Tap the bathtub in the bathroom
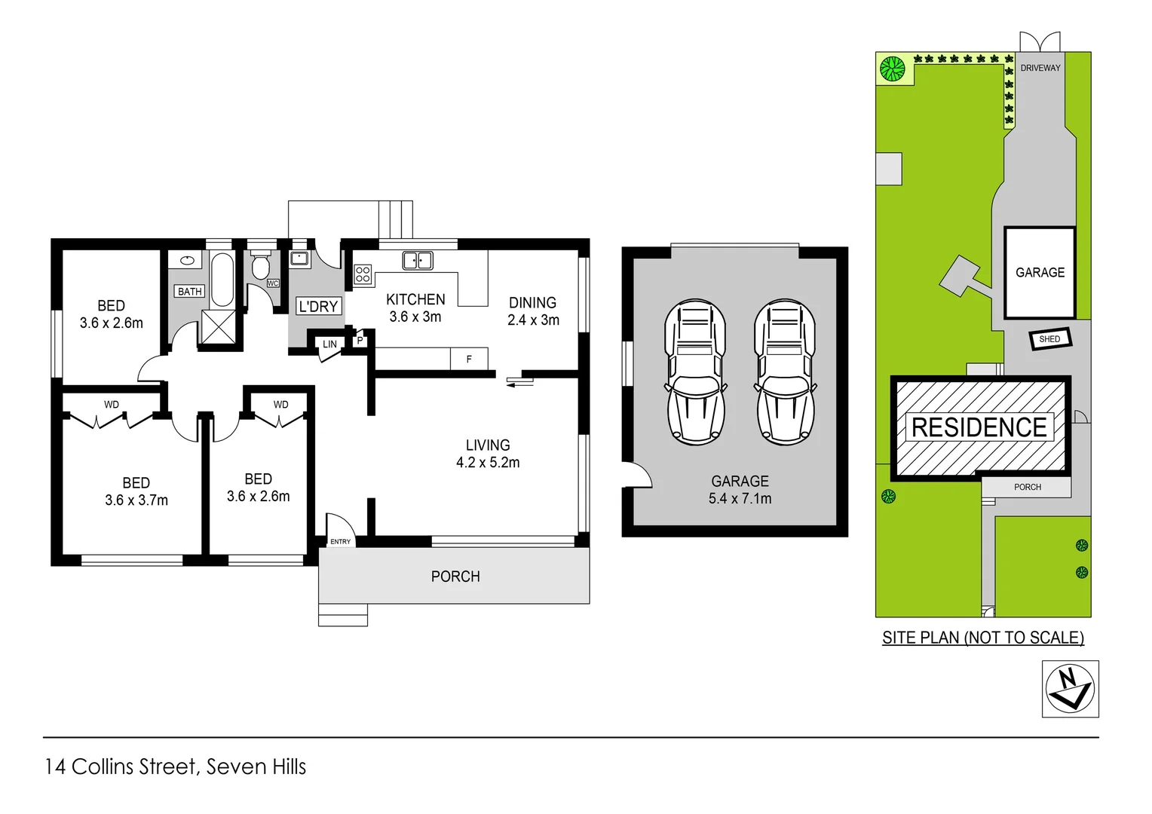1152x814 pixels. pyautogui.click(x=222, y=279)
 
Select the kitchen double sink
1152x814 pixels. pyautogui.click(x=417, y=261)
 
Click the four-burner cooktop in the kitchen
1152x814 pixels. pyautogui.click(x=363, y=274)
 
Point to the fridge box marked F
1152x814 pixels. pyautogui.click(x=469, y=359)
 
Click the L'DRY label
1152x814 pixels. pyautogui.click(x=318, y=306)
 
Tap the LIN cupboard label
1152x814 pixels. pyautogui.click(x=329, y=344)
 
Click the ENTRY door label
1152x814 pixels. pyautogui.click(x=340, y=541)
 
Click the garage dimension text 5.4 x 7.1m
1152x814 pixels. pyautogui.click(x=740, y=498)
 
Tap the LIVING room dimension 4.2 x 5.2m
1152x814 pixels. pyautogui.click(x=488, y=463)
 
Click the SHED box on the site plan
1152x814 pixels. pyautogui.click(x=1049, y=339)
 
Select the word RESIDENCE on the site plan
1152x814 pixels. pyautogui.click(x=979, y=427)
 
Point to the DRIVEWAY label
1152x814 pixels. pyautogui.click(x=1040, y=68)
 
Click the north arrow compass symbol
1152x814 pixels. pyautogui.click(x=1070, y=688)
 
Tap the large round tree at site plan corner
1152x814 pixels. pyautogui.click(x=892, y=69)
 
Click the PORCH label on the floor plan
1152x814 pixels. pyautogui.click(x=455, y=577)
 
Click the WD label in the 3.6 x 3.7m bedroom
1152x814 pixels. pyautogui.click(x=112, y=405)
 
